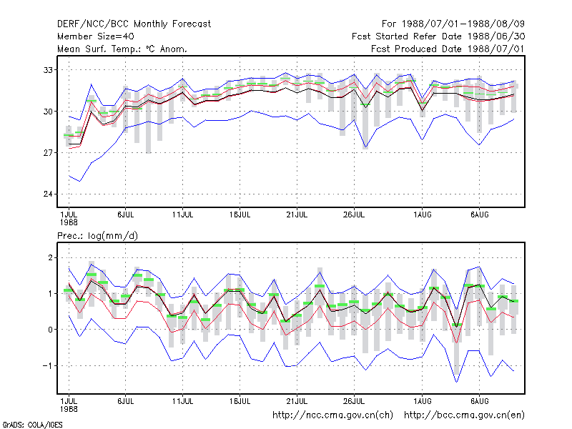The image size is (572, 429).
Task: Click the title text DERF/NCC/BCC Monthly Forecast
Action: point(134,24)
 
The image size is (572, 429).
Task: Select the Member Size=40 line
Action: point(96,36)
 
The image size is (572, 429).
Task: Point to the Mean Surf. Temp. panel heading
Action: point(122,49)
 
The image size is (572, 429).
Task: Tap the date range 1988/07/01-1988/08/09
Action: point(463,24)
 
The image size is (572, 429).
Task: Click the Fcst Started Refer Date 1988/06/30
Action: point(438,36)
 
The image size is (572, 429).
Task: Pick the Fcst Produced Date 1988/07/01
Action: point(448,49)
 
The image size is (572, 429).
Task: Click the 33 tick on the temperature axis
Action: point(48,69)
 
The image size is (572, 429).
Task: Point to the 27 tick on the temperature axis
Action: point(48,152)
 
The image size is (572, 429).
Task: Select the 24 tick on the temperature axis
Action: point(48,194)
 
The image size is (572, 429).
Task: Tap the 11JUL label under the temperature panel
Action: point(182,215)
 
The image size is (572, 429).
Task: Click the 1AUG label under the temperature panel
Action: point(422,215)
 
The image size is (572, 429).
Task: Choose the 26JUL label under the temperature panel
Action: point(353,215)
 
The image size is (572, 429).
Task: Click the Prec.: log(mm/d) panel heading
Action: point(97,236)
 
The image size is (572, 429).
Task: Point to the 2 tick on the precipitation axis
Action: point(50,258)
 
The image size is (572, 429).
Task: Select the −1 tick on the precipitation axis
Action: point(48,365)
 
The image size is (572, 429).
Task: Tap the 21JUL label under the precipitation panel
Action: point(297,401)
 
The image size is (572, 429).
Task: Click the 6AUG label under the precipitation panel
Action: point(479,401)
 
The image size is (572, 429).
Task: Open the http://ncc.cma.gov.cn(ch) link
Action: point(332,415)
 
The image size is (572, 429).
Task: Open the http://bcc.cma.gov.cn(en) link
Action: point(464,415)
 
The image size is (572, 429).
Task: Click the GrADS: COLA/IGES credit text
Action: point(32,425)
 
